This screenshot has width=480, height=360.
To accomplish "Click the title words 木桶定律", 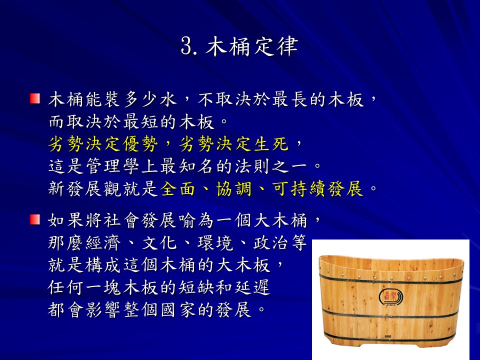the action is [252, 46].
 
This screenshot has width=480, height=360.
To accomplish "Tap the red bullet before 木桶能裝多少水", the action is [35, 98].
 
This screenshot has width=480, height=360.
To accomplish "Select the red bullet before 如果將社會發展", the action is [35, 219].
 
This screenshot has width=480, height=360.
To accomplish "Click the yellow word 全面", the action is [177, 188].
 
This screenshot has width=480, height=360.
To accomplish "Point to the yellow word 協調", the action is [234, 188].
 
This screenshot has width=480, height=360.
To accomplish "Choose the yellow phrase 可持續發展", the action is [318, 188].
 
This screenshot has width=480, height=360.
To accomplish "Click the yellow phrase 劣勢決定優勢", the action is [103, 144].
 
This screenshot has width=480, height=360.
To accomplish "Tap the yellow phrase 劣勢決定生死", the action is [234, 144].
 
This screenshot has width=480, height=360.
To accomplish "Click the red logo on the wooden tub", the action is [391, 296].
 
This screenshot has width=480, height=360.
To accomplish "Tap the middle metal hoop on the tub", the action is [391, 314].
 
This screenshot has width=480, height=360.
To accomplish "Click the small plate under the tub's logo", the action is [387, 336].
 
